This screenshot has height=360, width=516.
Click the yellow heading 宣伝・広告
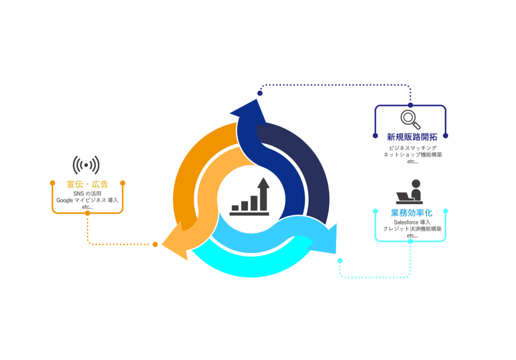pyautogui.click(x=87, y=184)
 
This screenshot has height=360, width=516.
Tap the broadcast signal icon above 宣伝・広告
pyautogui.click(x=86, y=165)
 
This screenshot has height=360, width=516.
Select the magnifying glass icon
pyautogui.click(x=410, y=119)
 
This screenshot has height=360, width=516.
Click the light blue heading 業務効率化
pyautogui.click(x=411, y=213)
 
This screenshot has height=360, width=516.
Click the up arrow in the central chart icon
pyautogui.click(x=263, y=192)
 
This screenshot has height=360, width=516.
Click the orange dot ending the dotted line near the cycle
pyautogui.click(x=155, y=245)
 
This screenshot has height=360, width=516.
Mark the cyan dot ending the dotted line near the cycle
pyautogui.click(x=340, y=261)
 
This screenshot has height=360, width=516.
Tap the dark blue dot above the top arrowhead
pyautogui.click(x=260, y=93)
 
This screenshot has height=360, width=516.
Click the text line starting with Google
pyautogui.click(x=87, y=200)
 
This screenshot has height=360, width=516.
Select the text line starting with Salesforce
pyautogui.click(x=411, y=222)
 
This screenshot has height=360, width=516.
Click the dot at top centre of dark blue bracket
pyautogui.click(x=410, y=105)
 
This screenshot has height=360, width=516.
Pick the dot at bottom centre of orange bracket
pyautogui.click(x=88, y=213)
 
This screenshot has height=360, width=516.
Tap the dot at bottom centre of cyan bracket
pyautogui.click(x=410, y=242)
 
